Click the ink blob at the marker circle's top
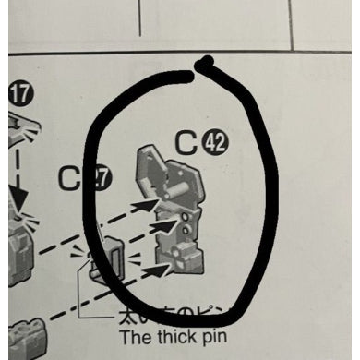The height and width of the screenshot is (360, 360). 207,64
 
